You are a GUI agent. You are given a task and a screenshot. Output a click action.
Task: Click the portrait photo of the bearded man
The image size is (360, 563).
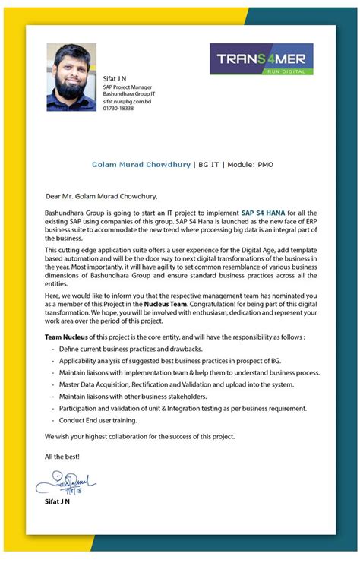[71, 77]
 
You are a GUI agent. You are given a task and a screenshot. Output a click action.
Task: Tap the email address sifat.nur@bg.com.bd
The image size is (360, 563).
[127, 101]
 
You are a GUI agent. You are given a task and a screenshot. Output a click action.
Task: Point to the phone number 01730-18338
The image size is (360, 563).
[118, 109]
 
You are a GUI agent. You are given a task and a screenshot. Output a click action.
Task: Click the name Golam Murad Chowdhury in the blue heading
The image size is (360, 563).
[142, 163]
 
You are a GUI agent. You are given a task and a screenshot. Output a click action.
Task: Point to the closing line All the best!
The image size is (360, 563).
[62, 456]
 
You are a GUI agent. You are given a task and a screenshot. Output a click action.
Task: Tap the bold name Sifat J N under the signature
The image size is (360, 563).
[58, 502]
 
